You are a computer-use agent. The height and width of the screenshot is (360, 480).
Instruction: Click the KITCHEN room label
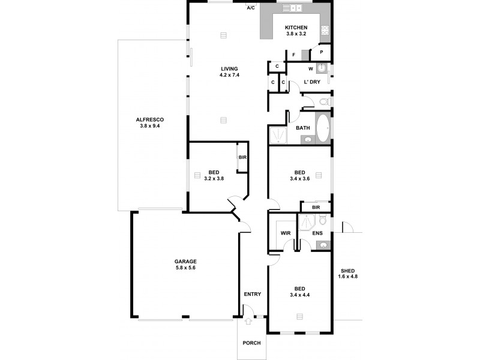(296, 28)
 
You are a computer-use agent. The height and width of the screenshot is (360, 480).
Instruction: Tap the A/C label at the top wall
(251, 8)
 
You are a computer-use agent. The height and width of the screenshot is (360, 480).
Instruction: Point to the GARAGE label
(185, 261)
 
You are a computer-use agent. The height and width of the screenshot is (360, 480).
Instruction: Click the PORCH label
(251, 343)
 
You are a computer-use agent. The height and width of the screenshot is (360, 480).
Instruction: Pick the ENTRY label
(253, 294)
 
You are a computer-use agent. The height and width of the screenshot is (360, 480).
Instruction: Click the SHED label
(347, 270)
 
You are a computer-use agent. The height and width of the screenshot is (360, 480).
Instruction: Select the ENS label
(317, 233)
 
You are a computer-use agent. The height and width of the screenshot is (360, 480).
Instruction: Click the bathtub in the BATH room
(322, 128)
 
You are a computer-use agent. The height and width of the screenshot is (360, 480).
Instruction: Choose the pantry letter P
(322, 52)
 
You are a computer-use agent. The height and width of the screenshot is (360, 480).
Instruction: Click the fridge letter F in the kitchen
(293, 55)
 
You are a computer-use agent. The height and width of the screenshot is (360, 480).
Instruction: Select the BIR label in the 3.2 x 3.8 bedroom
(242, 157)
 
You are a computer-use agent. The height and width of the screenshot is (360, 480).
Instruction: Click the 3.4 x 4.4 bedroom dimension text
(299, 295)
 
